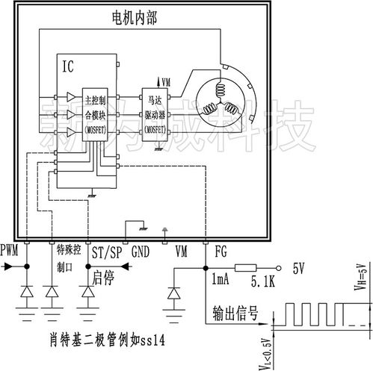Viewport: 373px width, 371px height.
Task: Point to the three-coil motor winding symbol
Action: coord(221,102)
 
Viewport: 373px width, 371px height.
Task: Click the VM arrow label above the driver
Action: coord(164,81)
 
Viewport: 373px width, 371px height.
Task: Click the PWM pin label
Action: coord(10,250)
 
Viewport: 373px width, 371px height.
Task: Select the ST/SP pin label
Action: coord(105,251)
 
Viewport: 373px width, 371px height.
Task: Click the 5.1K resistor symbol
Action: coord(247,269)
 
